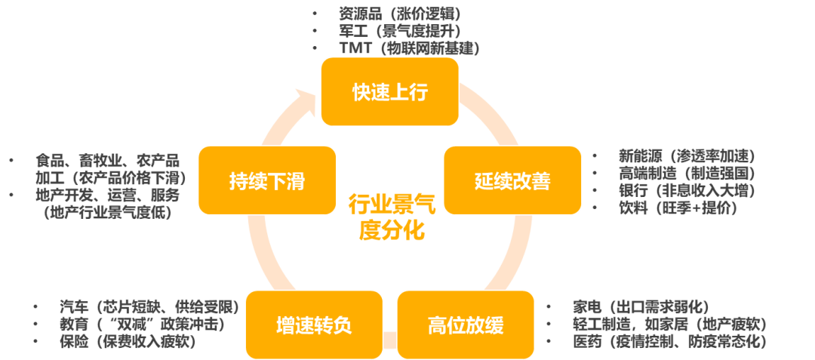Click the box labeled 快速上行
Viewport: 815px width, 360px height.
point(389,92)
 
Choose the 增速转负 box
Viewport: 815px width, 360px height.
point(313,325)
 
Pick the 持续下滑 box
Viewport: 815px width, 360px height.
point(266,180)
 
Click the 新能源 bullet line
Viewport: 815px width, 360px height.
point(687,156)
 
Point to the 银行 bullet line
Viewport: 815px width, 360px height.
point(687,191)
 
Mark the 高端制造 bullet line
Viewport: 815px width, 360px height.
point(687,174)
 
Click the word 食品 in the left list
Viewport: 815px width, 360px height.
point(47,161)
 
